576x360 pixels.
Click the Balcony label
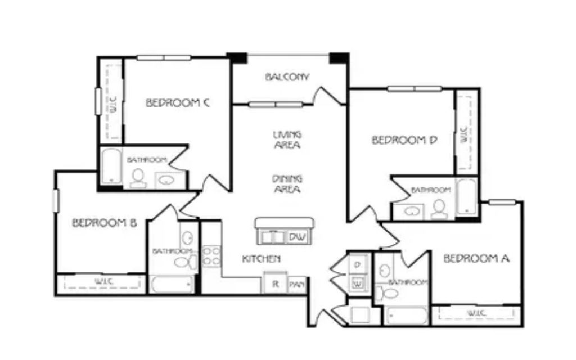(287, 76)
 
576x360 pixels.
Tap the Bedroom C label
(178, 102)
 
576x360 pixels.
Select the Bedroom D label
(404, 140)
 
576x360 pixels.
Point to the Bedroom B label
(105, 223)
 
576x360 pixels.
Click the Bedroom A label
(476, 259)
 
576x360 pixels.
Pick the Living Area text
(287, 139)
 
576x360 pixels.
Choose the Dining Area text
(287, 184)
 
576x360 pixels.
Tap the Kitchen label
(262, 259)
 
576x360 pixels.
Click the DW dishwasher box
(298, 237)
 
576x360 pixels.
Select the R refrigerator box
(276, 283)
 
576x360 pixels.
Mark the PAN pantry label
(297, 285)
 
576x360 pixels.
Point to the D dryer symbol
(358, 264)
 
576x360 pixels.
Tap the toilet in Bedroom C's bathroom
(138, 178)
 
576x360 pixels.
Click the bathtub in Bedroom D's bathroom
(466, 197)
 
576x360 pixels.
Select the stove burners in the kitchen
(211, 256)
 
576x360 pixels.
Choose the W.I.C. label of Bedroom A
(477, 313)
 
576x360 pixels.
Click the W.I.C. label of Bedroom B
(104, 282)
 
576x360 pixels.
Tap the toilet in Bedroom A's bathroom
(388, 294)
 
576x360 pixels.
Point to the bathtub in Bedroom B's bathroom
(172, 285)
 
